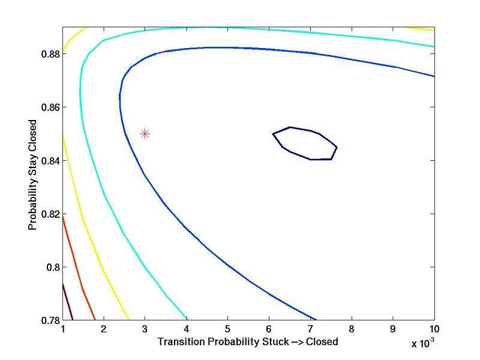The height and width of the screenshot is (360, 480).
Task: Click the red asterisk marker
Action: tap(145, 134)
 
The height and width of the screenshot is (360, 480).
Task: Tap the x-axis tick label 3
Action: tap(145, 329)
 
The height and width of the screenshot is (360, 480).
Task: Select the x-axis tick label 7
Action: tap(310, 329)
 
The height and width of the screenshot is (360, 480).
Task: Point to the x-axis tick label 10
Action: tap(434, 329)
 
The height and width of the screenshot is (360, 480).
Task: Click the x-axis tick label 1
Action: tap(62, 329)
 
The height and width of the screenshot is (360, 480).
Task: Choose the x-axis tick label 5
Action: tap(227, 329)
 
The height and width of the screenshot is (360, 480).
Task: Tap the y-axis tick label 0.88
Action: tap(48, 54)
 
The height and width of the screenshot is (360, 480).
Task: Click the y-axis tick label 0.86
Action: tap(48, 107)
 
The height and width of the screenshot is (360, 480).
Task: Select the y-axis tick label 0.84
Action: tap(48, 161)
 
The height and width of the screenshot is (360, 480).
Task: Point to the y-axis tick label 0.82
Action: tap(48, 214)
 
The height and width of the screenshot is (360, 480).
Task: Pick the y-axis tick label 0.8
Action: tap(50, 267)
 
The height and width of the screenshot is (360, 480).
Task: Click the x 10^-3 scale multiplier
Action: tap(427, 344)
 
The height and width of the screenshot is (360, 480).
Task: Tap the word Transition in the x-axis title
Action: tap(179, 342)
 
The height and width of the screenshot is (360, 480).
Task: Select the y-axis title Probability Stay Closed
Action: tap(32, 174)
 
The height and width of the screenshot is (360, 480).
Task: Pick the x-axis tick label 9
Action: tap(393, 329)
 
